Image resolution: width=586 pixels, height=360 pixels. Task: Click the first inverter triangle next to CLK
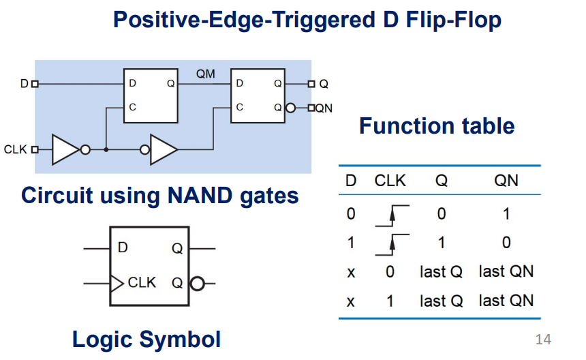tap(66, 149)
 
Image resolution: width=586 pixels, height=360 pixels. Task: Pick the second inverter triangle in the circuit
tap(163, 149)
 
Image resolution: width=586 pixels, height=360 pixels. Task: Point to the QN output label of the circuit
tap(324, 108)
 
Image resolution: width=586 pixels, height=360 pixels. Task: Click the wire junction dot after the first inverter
tap(106, 149)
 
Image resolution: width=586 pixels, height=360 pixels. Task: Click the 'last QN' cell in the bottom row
tap(506, 300)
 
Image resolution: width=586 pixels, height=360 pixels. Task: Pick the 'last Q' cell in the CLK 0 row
tap(441, 271)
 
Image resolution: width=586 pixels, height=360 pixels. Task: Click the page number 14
tap(544, 339)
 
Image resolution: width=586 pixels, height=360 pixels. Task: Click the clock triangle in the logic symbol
tap(117, 282)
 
